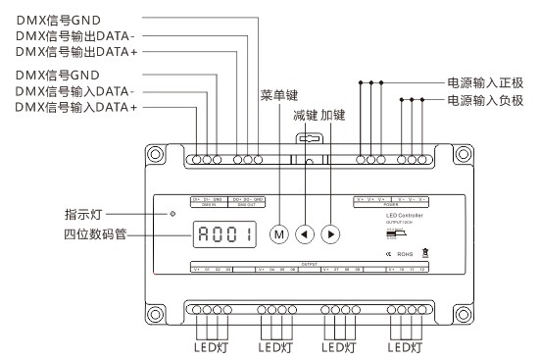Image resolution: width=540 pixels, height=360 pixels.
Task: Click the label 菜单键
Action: (x=278, y=96)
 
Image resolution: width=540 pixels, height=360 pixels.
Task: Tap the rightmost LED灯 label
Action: (x=403, y=346)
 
